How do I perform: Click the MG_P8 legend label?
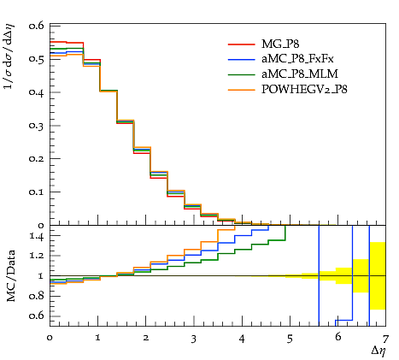tap(280, 44)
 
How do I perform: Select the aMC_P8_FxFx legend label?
tap(297, 59)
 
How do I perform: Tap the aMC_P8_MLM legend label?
tap(300, 74)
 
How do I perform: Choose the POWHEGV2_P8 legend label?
tap(304, 90)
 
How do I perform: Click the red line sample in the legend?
tap(241, 44)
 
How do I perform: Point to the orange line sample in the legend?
tap(241, 90)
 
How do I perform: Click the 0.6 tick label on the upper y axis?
tap(36, 26)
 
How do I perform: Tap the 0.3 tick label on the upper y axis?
tap(36, 126)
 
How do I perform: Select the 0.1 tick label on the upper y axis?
tap(36, 192)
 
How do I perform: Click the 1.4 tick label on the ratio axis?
tap(37, 236)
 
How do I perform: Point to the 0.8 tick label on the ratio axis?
tap(36, 297)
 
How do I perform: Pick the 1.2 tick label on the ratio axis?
tap(37, 256)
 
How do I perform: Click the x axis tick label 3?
tap(194, 339)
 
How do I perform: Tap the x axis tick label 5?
tap(290, 339)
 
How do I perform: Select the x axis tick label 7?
tap(385, 339)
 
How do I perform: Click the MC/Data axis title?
tap(11, 276)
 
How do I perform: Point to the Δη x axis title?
tap(378, 351)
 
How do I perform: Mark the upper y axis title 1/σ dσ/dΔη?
tap(9, 57)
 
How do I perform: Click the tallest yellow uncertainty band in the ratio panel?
tap(378, 275)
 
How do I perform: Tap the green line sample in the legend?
tap(241, 74)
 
